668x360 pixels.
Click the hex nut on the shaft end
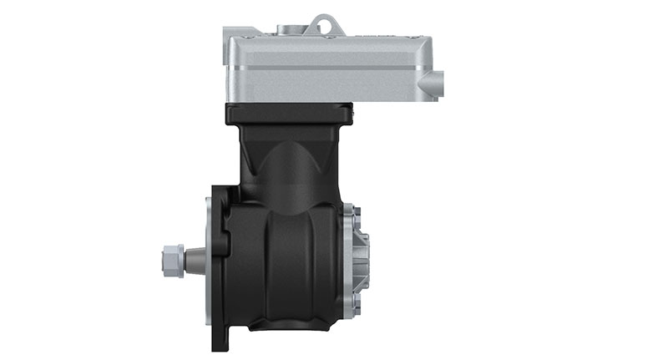point(169,261)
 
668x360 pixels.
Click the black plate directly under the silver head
point(289,113)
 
